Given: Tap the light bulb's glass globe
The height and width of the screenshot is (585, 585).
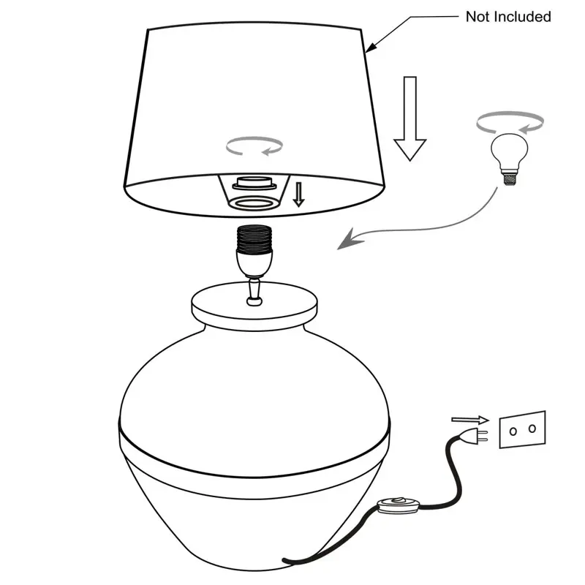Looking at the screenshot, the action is (x=509, y=151).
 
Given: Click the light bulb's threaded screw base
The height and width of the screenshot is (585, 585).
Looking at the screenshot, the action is (x=510, y=178).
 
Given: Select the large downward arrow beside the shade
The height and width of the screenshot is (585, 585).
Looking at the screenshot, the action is (x=410, y=118).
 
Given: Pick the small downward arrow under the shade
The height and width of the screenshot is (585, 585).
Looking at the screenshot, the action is (x=298, y=195).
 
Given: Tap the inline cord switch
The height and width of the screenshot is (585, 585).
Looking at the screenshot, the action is (x=398, y=505).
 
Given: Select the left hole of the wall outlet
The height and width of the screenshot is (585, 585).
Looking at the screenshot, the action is (x=513, y=431).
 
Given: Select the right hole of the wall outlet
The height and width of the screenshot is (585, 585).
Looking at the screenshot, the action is (x=532, y=429).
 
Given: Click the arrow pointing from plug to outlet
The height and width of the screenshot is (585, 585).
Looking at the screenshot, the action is (x=470, y=420).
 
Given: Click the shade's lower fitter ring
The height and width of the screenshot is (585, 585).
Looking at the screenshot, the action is (x=254, y=204).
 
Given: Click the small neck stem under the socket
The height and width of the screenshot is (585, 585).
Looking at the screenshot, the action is (x=254, y=292).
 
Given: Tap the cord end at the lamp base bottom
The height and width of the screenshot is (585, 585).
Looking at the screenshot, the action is (x=285, y=560).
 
